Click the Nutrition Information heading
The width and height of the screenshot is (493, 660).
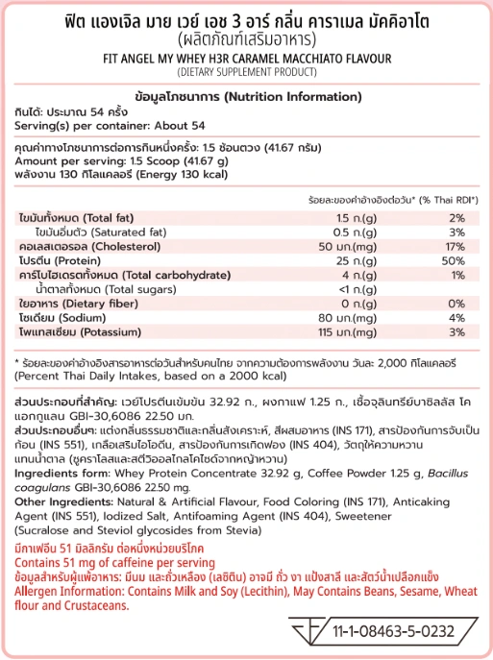246,98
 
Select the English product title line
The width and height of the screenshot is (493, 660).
246,57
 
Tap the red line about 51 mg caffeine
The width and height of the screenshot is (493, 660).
115,559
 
